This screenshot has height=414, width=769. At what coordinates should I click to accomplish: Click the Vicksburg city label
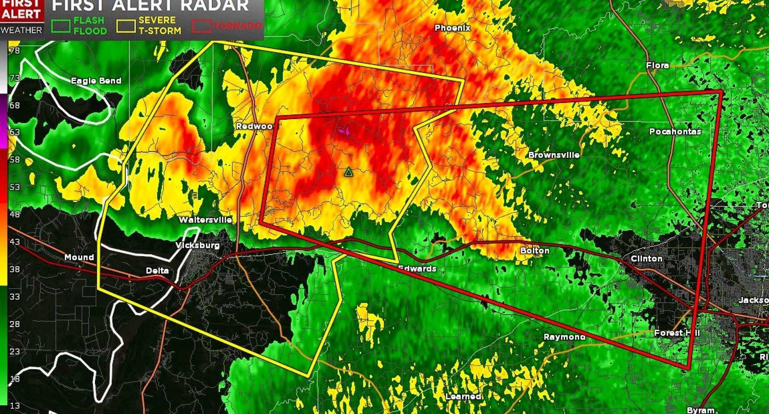[x=197, y=245]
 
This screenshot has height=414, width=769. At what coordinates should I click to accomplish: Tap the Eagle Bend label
[x=96, y=81]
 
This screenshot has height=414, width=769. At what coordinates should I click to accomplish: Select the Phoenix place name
[x=453, y=28]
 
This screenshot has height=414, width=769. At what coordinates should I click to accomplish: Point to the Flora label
[x=657, y=65]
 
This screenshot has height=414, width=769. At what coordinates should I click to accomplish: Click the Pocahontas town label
[x=675, y=131]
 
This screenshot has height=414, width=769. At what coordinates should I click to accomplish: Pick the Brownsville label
[x=554, y=155]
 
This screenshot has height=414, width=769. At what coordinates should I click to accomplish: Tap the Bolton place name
[x=535, y=251]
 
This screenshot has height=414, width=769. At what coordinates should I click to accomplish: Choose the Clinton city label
[x=646, y=259]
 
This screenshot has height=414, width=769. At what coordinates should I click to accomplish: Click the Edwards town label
[x=417, y=269]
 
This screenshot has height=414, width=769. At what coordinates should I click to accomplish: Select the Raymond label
[x=564, y=337]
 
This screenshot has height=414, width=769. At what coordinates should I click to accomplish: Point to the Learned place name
[x=463, y=396]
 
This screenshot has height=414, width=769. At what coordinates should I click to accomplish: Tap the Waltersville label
[x=205, y=220]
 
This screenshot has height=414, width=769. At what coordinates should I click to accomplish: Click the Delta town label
[x=157, y=271]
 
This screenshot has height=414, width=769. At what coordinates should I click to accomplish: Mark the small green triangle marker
[x=348, y=172]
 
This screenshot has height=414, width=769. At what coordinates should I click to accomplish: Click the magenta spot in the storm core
[x=344, y=131]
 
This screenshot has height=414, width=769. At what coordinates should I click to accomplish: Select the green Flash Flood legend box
[x=61, y=26]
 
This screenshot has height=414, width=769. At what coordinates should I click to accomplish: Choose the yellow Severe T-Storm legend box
[x=126, y=26]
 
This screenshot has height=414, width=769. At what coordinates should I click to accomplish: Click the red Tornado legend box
[x=202, y=26]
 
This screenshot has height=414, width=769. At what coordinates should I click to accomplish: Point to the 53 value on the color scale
[x=15, y=187]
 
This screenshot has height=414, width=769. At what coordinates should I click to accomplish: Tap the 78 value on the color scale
[x=15, y=50]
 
